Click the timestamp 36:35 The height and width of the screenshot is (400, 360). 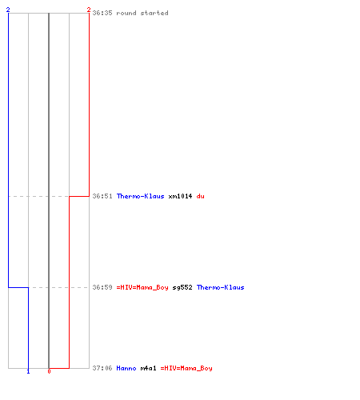click(102, 13)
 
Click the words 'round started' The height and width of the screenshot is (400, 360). click(142, 13)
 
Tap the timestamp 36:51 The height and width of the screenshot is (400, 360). click(102, 196)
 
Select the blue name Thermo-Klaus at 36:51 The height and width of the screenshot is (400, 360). click(140, 196)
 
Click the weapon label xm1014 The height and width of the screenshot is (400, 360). click(180, 196)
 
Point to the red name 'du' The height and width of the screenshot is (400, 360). click(200, 196)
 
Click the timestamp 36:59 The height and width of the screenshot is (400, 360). click(102, 287)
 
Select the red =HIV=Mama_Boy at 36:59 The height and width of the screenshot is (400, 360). click(142, 287)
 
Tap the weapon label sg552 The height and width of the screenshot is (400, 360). click(182, 287)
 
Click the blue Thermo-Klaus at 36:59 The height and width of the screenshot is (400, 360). click(220, 287)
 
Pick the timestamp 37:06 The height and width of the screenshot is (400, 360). click(102, 368)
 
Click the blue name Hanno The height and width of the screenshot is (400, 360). click(126, 368)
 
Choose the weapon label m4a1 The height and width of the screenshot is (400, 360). click(148, 368)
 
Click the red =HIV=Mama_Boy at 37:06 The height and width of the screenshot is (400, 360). click(186, 368)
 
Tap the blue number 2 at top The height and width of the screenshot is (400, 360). click(8, 10)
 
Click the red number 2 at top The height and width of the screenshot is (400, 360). click(89, 10)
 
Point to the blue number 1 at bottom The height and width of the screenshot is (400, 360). click(28, 371)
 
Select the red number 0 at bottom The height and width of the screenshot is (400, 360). click(49, 371)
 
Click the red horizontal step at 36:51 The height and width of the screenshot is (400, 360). click(79, 196)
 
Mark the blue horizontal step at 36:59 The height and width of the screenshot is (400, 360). click(18, 287)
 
